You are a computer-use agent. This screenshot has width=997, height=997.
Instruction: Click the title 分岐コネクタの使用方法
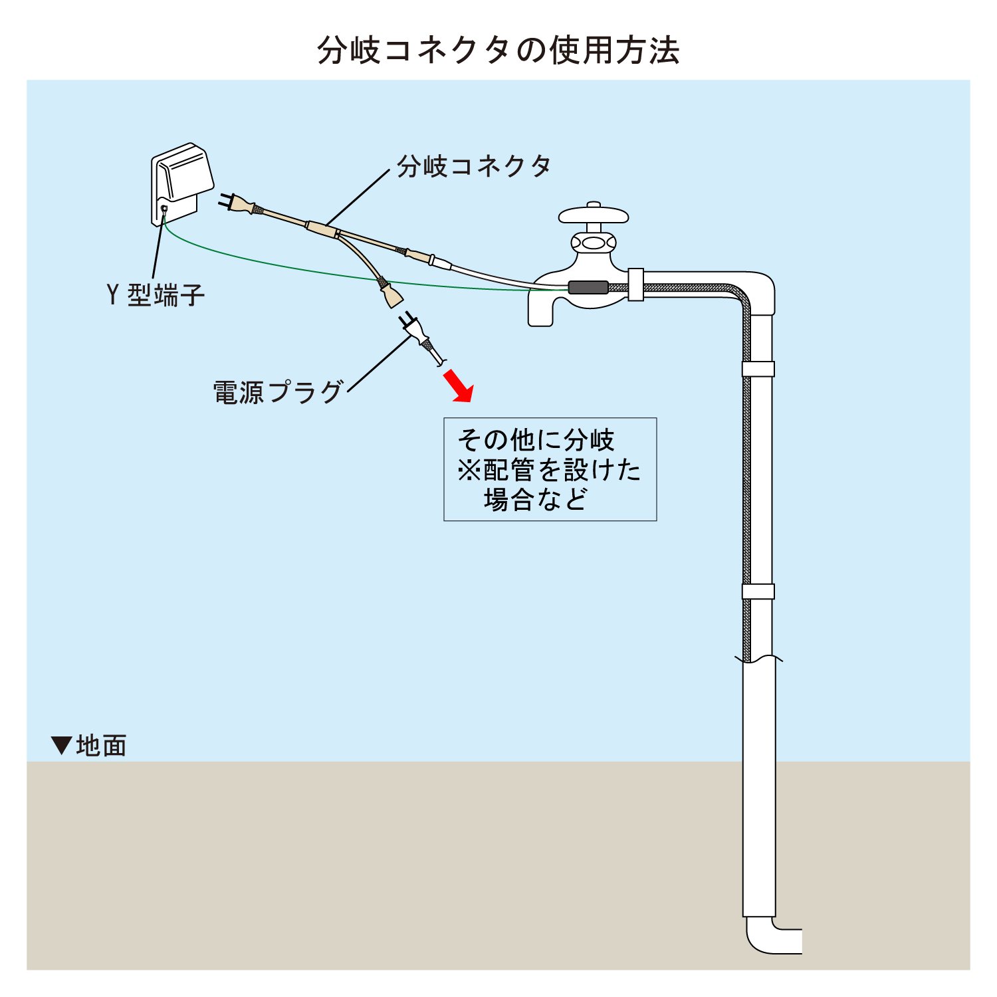(498, 51)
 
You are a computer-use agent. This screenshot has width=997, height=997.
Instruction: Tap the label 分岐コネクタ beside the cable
(474, 166)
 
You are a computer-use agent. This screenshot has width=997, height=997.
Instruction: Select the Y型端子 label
(156, 294)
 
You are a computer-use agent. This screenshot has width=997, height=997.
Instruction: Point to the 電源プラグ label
(278, 392)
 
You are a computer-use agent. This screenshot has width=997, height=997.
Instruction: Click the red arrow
(458, 388)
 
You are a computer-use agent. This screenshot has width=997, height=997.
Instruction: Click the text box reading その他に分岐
(550, 469)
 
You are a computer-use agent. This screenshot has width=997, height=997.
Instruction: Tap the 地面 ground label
(101, 746)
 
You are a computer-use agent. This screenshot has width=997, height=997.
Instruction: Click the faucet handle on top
(594, 215)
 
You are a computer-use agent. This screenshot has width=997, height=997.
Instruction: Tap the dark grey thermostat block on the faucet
(588, 288)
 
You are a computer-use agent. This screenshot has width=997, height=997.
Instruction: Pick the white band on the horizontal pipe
(635, 284)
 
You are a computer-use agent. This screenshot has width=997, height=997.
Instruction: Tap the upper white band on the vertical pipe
(758, 369)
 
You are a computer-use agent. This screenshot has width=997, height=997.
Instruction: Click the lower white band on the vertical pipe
(758, 591)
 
